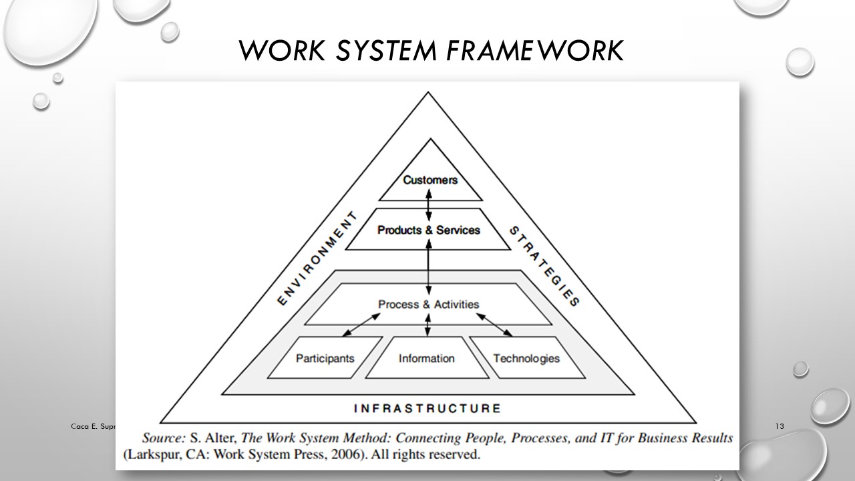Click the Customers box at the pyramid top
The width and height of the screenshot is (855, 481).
click(430, 180)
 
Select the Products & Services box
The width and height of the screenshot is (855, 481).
click(429, 230)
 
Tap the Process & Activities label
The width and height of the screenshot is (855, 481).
click(429, 305)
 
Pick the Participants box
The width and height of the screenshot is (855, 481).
click(325, 358)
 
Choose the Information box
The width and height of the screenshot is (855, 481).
click(426, 358)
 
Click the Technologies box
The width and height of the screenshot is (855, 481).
click(526, 358)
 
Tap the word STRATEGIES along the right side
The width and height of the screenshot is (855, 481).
click(544, 265)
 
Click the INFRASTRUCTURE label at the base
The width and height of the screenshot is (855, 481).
click(427, 408)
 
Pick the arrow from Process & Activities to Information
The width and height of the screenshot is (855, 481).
click(428, 327)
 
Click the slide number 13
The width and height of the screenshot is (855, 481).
click(779, 426)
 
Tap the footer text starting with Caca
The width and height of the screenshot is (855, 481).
click(94, 426)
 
